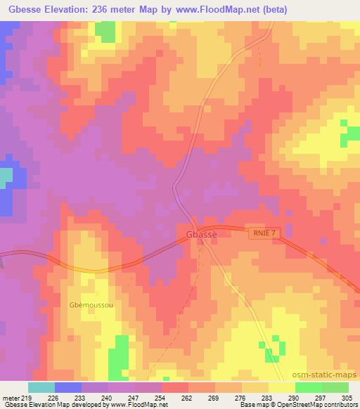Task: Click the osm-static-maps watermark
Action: pyautogui.click(x=331, y=375)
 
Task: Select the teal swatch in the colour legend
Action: pyautogui.click(x=41, y=387)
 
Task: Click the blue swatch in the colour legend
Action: pyautogui.click(x=68, y=387)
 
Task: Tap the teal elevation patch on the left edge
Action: pyautogui.click(x=6, y=178)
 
